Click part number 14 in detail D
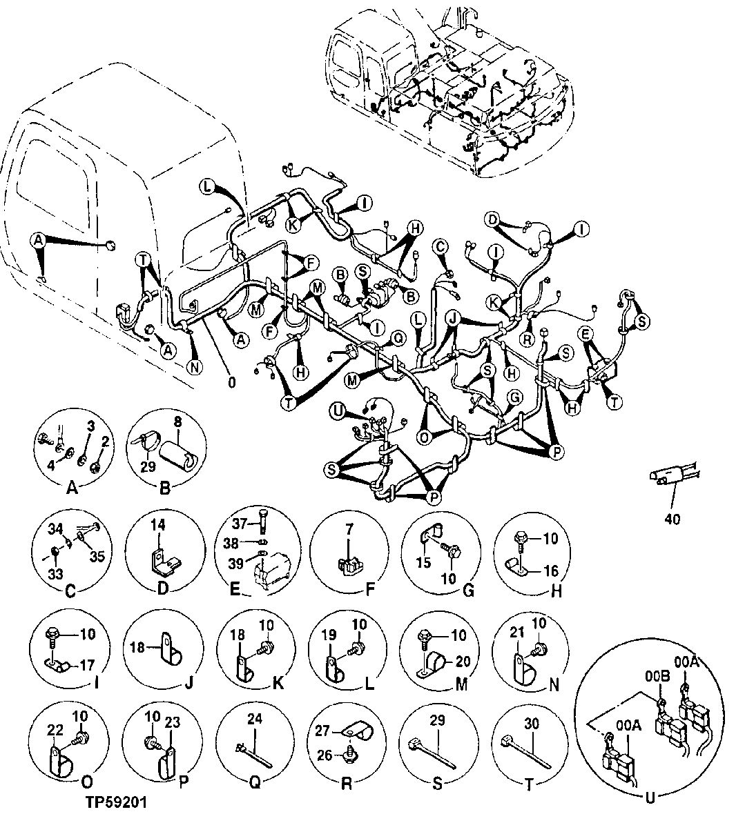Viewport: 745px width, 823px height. click(x=157, y=526)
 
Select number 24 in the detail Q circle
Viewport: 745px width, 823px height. click(x=255, y=719)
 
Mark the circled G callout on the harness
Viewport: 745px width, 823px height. click(x=513, y=397)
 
